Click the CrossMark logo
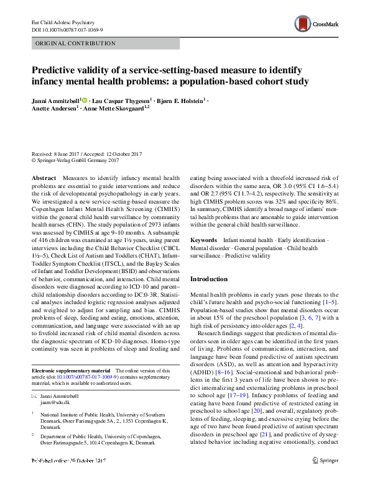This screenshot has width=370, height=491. [x=317, y=25]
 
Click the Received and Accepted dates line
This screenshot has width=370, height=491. [x=86, y=154]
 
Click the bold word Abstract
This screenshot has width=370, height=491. [x=44, y=178]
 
